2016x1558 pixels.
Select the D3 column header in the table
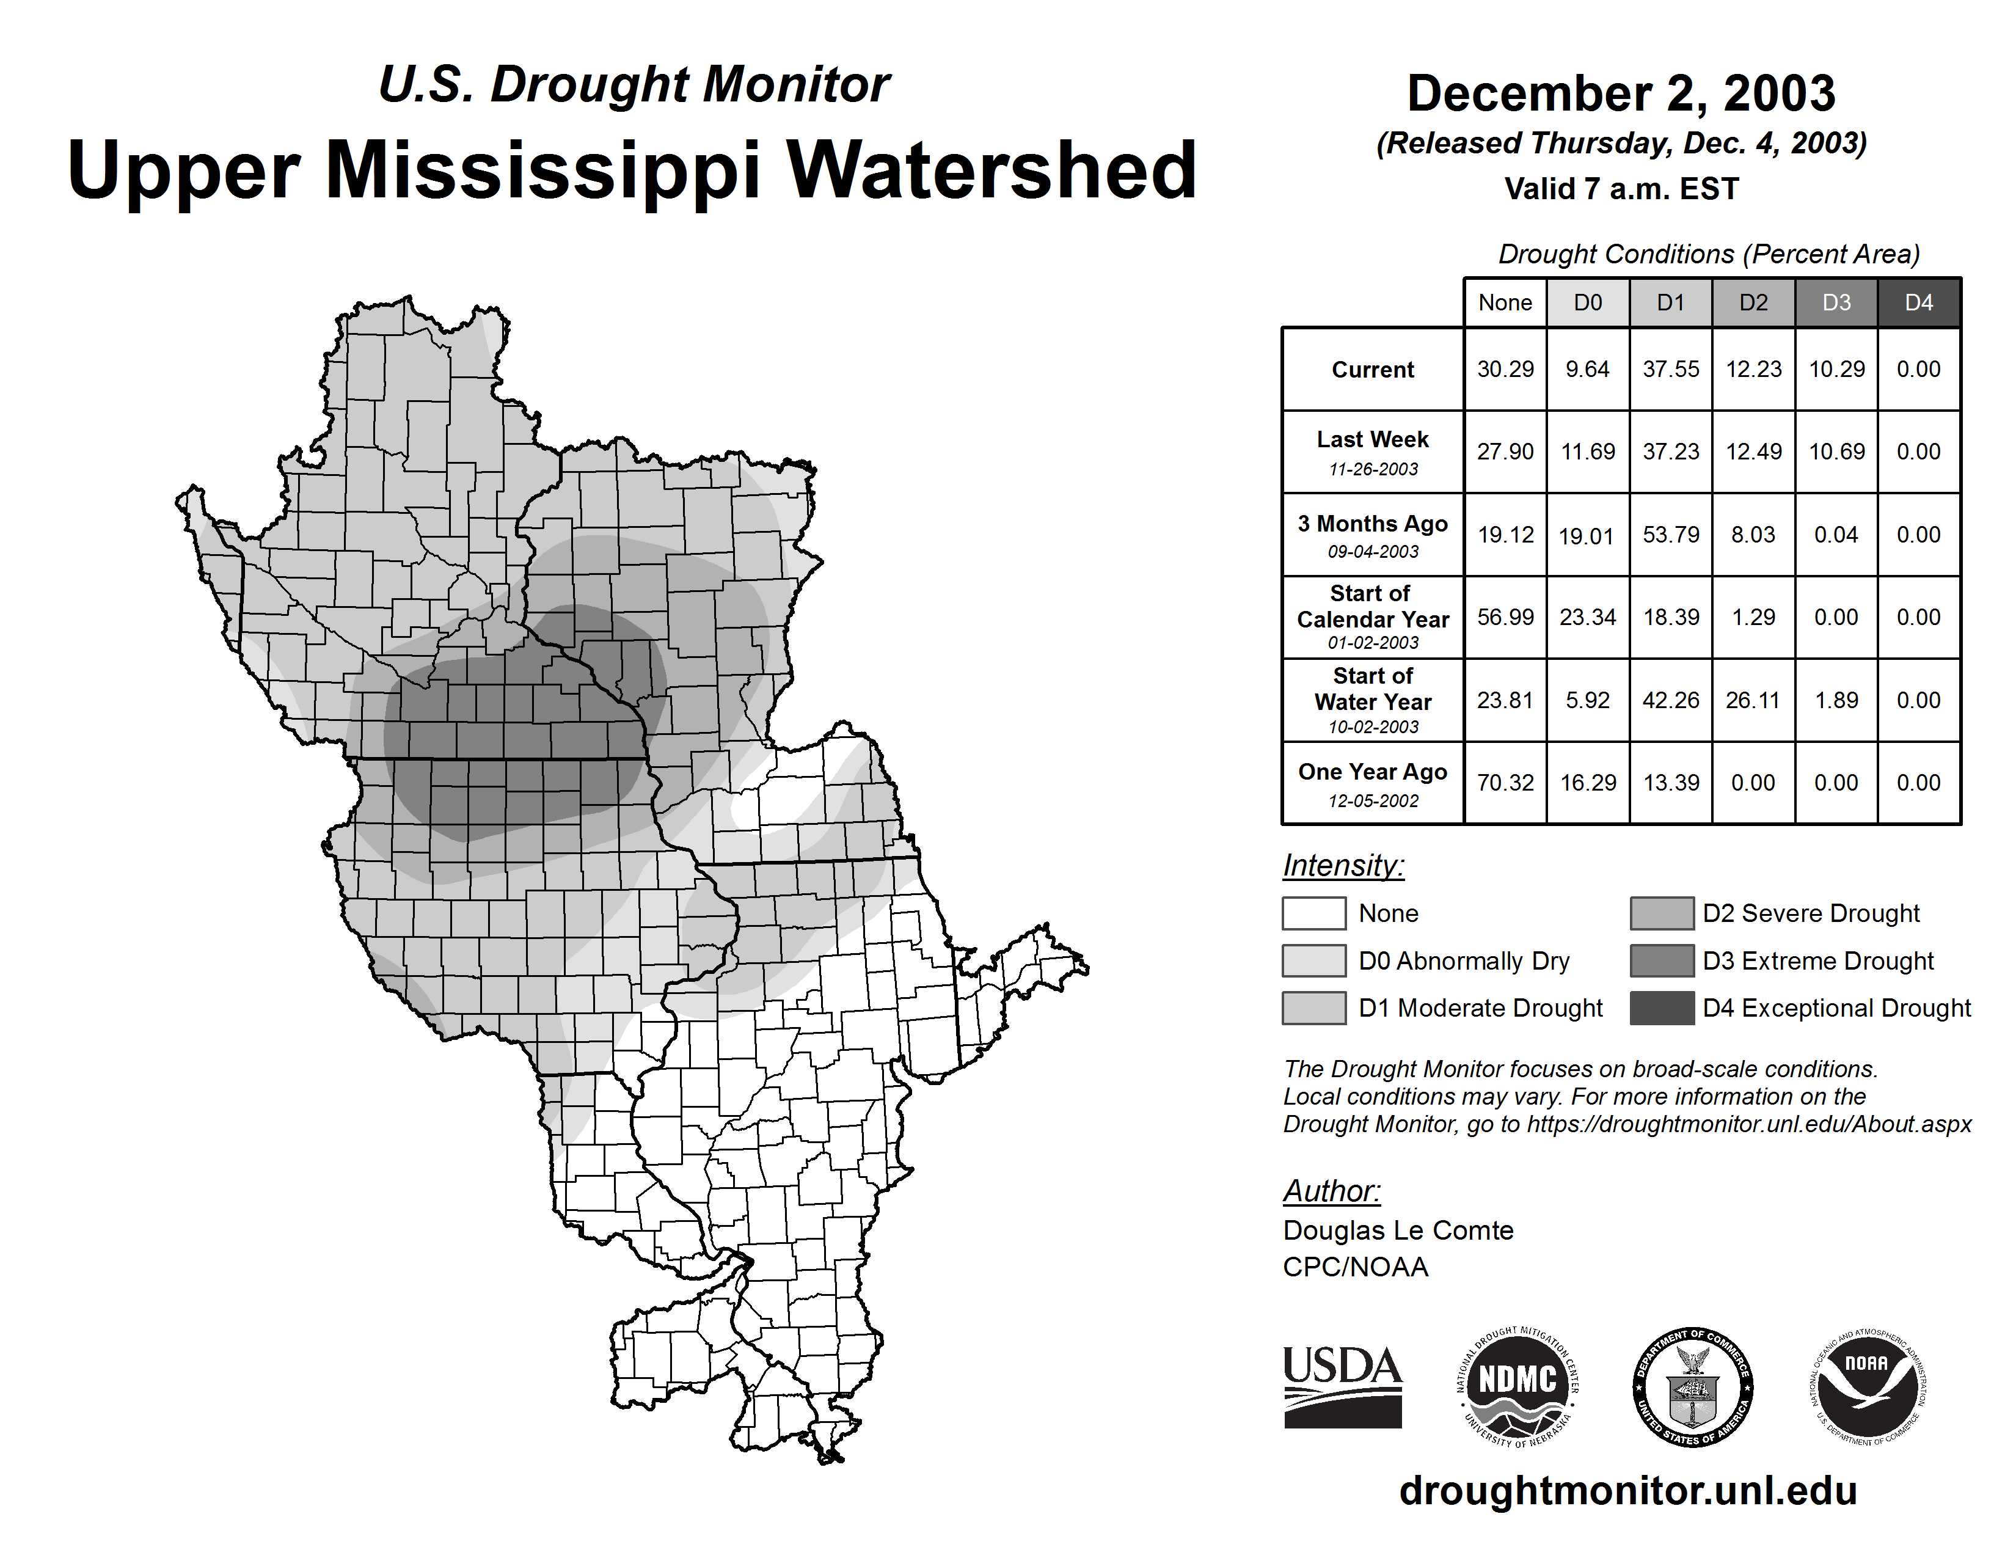pyautogui.click(x=1836, y=302)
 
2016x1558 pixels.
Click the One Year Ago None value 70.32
pyautogui.click(x=1505, y=783)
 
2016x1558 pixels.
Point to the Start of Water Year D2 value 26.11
pyautogui.click(x=1753, y=701)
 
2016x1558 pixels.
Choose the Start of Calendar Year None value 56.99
pyautogui.click(x=1505, y=618)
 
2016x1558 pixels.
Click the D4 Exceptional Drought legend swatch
pyautogui.click(x=1662, y=1008)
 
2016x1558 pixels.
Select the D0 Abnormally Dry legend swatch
pyautogui.click(x=1313, y=961)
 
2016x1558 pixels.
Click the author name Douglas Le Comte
pyautogui.click(x=1398, y=1231)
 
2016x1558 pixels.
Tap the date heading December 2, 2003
pyautogui.click(x=1621, y=93)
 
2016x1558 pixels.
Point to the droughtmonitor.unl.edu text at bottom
pyautogui.click(x=1627, y=1491)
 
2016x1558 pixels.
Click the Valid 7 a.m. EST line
pyautogui.click(x=1621, y=189)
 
